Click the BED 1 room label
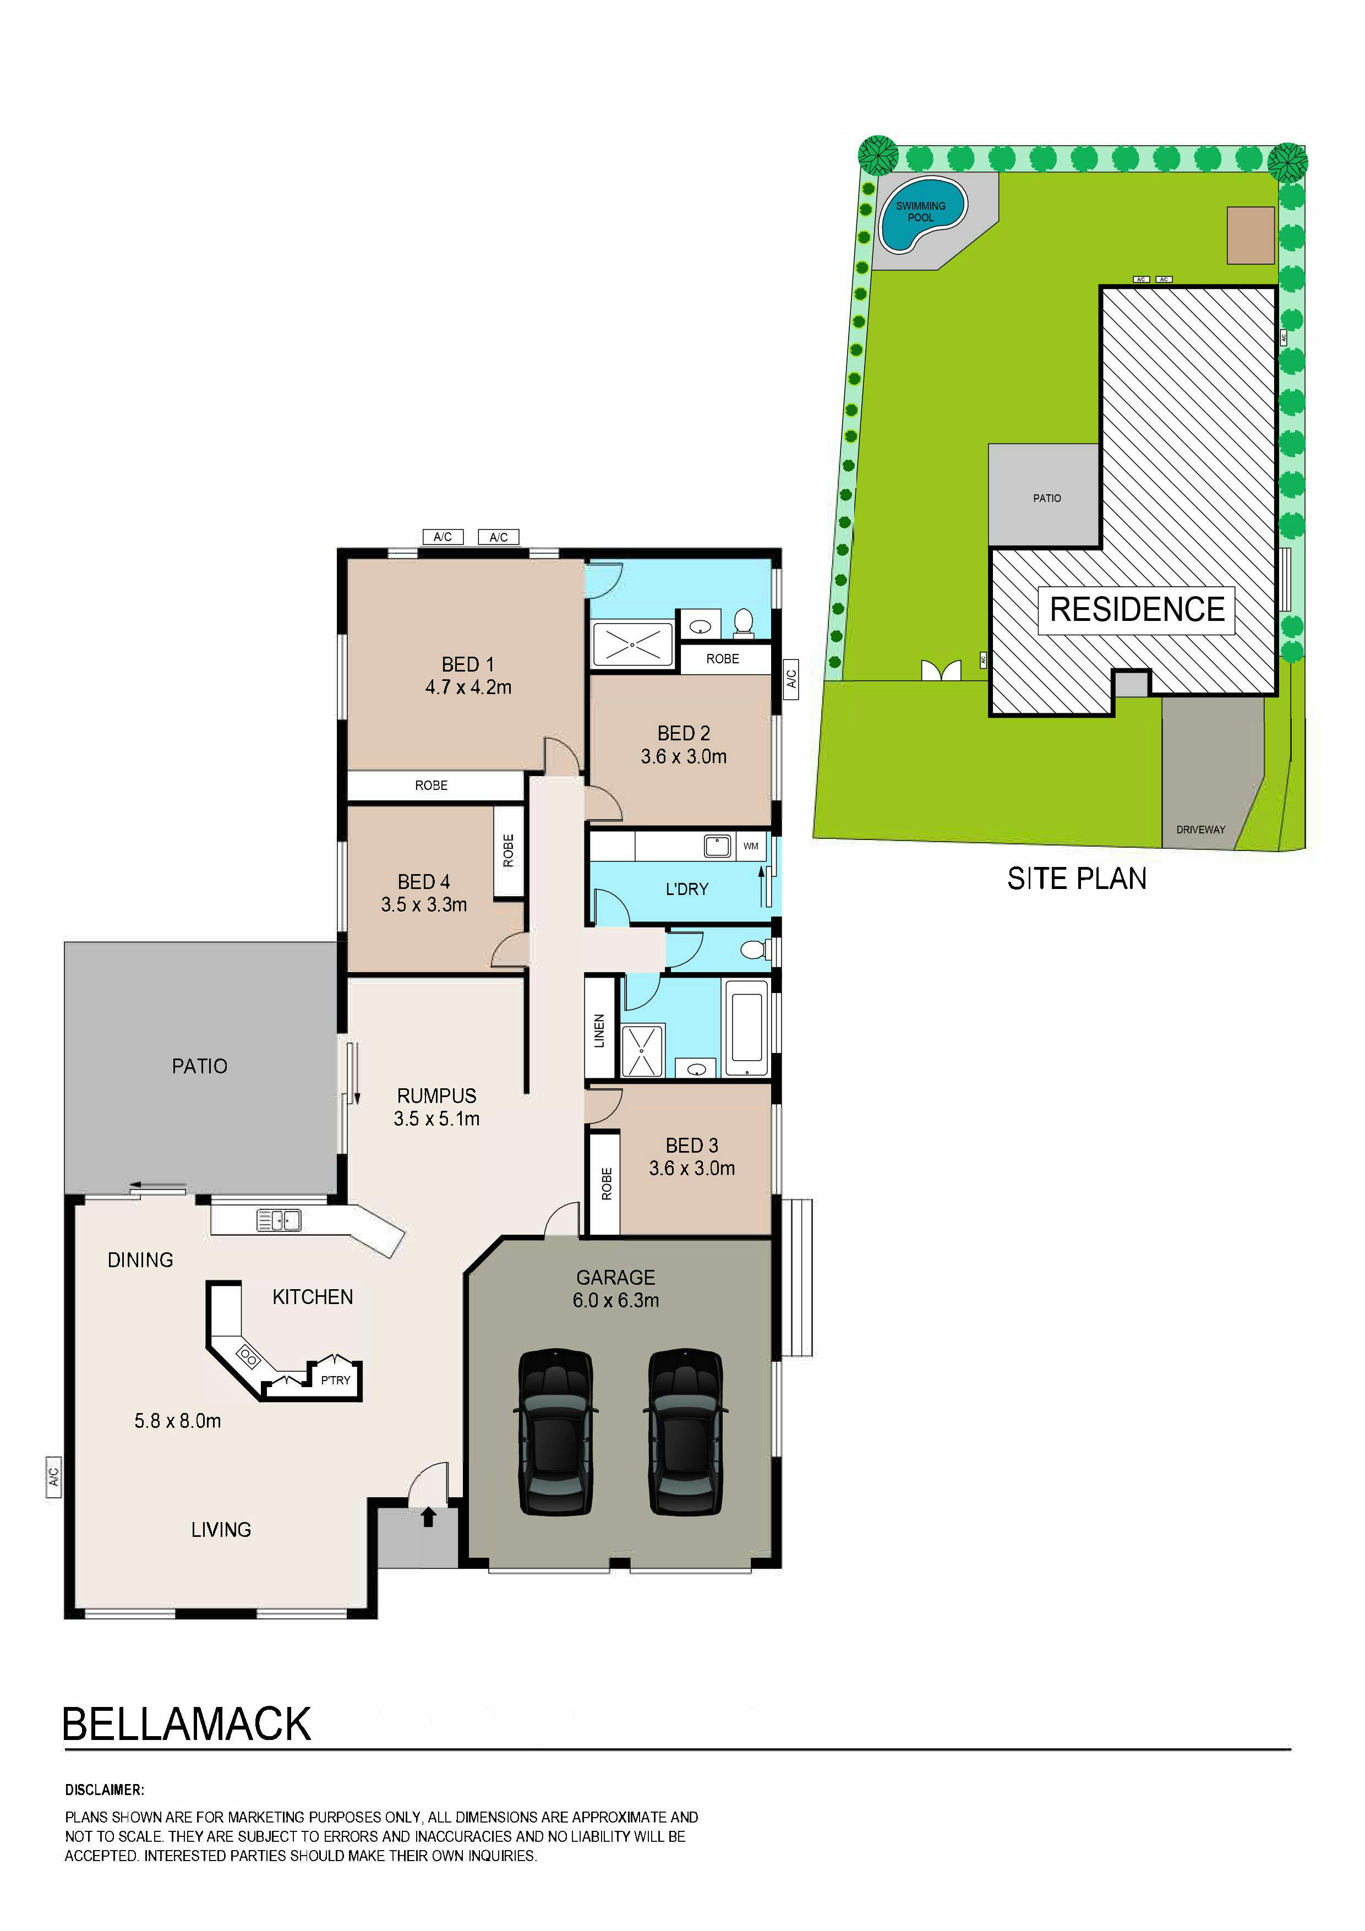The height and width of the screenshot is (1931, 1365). (x=468, y=664)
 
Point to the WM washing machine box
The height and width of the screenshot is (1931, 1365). (x=750, y=846)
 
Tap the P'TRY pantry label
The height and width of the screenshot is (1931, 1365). (x=336, y=1380)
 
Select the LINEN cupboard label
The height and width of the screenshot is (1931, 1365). (x=599, y=1031)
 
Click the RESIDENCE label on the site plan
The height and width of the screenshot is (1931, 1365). (x=1137, y=610)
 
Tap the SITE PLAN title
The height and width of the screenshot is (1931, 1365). (x=1077, y=879)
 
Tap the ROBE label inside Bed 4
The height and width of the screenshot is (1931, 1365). (x=508, y=850)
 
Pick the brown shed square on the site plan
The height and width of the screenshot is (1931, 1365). (x=1251, y=234)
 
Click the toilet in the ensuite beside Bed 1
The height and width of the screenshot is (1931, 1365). (x=742, y=623)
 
